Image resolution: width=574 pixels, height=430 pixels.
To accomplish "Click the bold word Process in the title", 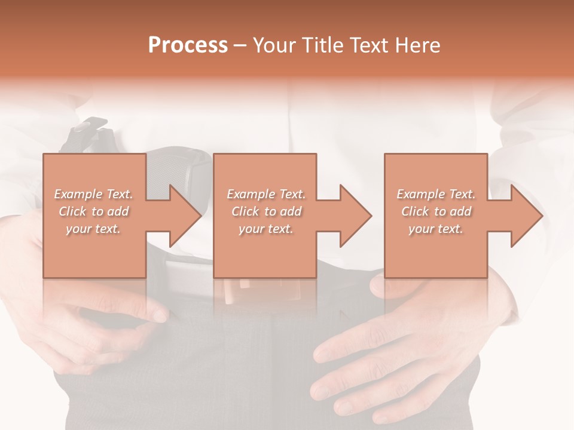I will coord(188,45).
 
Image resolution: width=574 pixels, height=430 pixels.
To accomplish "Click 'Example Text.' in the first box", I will coord(93,194).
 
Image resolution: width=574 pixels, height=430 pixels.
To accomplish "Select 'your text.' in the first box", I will coord(93,229).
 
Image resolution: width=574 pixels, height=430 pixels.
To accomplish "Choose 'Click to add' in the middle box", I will coord(266,211).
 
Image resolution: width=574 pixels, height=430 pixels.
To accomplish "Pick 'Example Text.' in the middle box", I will coord(266,194).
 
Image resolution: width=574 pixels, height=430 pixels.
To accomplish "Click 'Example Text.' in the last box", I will coord(436,194).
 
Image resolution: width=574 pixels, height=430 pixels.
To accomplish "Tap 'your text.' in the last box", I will coord(436,229).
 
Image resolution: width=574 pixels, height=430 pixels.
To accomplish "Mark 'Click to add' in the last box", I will coord(436,211).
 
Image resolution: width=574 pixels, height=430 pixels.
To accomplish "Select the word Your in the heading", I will coord(273,45).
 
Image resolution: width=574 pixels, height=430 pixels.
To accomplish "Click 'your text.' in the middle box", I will coord(266,229).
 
